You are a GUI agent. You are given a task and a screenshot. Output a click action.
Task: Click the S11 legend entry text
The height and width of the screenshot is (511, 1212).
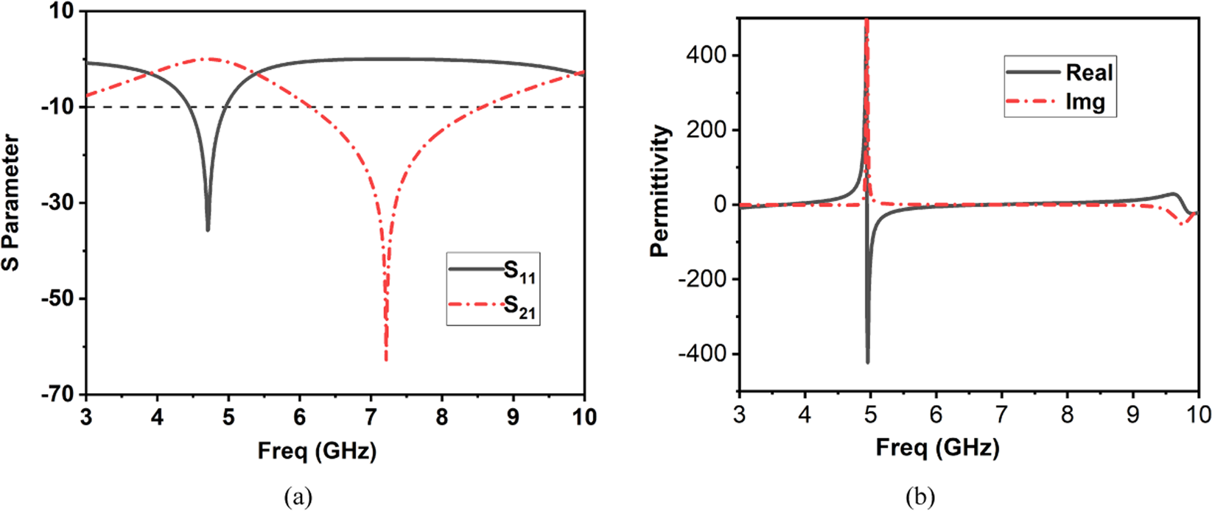519,272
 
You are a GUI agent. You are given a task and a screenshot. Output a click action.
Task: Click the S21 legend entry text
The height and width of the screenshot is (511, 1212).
519,309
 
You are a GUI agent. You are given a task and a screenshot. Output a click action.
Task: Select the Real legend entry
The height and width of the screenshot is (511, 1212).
1089,73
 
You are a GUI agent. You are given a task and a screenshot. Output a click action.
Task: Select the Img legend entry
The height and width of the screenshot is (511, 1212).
1085,102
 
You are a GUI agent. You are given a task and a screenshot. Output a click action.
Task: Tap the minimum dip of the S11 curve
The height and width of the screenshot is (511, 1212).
208,230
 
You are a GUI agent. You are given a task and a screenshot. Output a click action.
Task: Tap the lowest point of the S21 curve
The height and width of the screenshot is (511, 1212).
385,359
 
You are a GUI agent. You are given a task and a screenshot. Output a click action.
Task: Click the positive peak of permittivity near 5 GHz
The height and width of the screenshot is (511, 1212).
866,22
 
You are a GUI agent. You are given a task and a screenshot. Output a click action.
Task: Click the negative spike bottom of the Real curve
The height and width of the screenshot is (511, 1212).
867,362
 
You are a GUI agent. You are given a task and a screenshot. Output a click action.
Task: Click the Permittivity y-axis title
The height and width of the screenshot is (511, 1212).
660,191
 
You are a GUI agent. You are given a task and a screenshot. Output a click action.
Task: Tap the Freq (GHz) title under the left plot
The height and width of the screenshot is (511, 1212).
317,450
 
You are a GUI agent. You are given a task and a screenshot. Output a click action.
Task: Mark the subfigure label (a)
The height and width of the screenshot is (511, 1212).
298,498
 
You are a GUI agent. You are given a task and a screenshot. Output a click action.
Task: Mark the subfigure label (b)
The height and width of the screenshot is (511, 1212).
919,498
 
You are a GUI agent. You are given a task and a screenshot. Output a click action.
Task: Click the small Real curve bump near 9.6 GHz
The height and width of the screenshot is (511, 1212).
1173,194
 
